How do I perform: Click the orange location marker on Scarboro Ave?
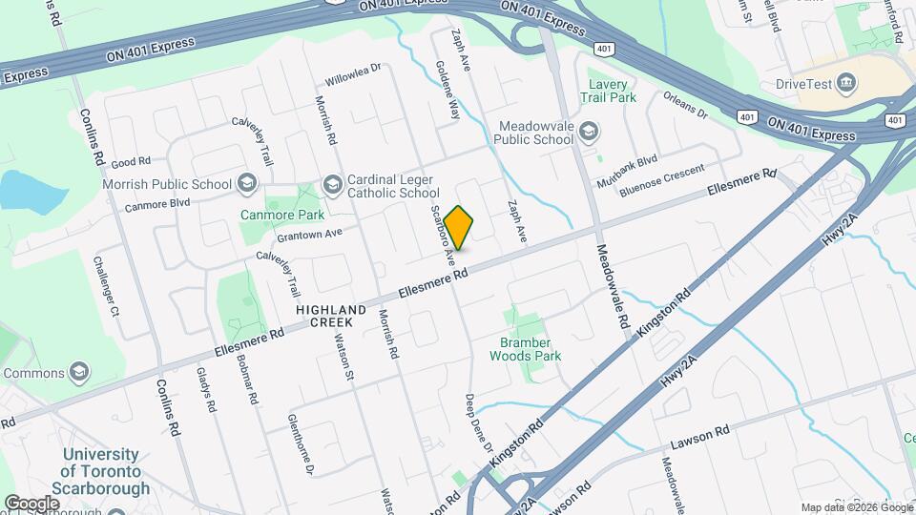pos(459,227)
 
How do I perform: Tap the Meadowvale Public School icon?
pos(589,131)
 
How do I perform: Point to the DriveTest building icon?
pos(845,83)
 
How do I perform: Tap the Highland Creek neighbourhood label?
pos(331,317)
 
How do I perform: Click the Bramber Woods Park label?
pos(525,349)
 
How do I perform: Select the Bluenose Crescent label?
pos(661,181)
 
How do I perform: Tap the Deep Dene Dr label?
pos(479,422)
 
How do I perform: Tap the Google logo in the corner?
pos(32,503)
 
